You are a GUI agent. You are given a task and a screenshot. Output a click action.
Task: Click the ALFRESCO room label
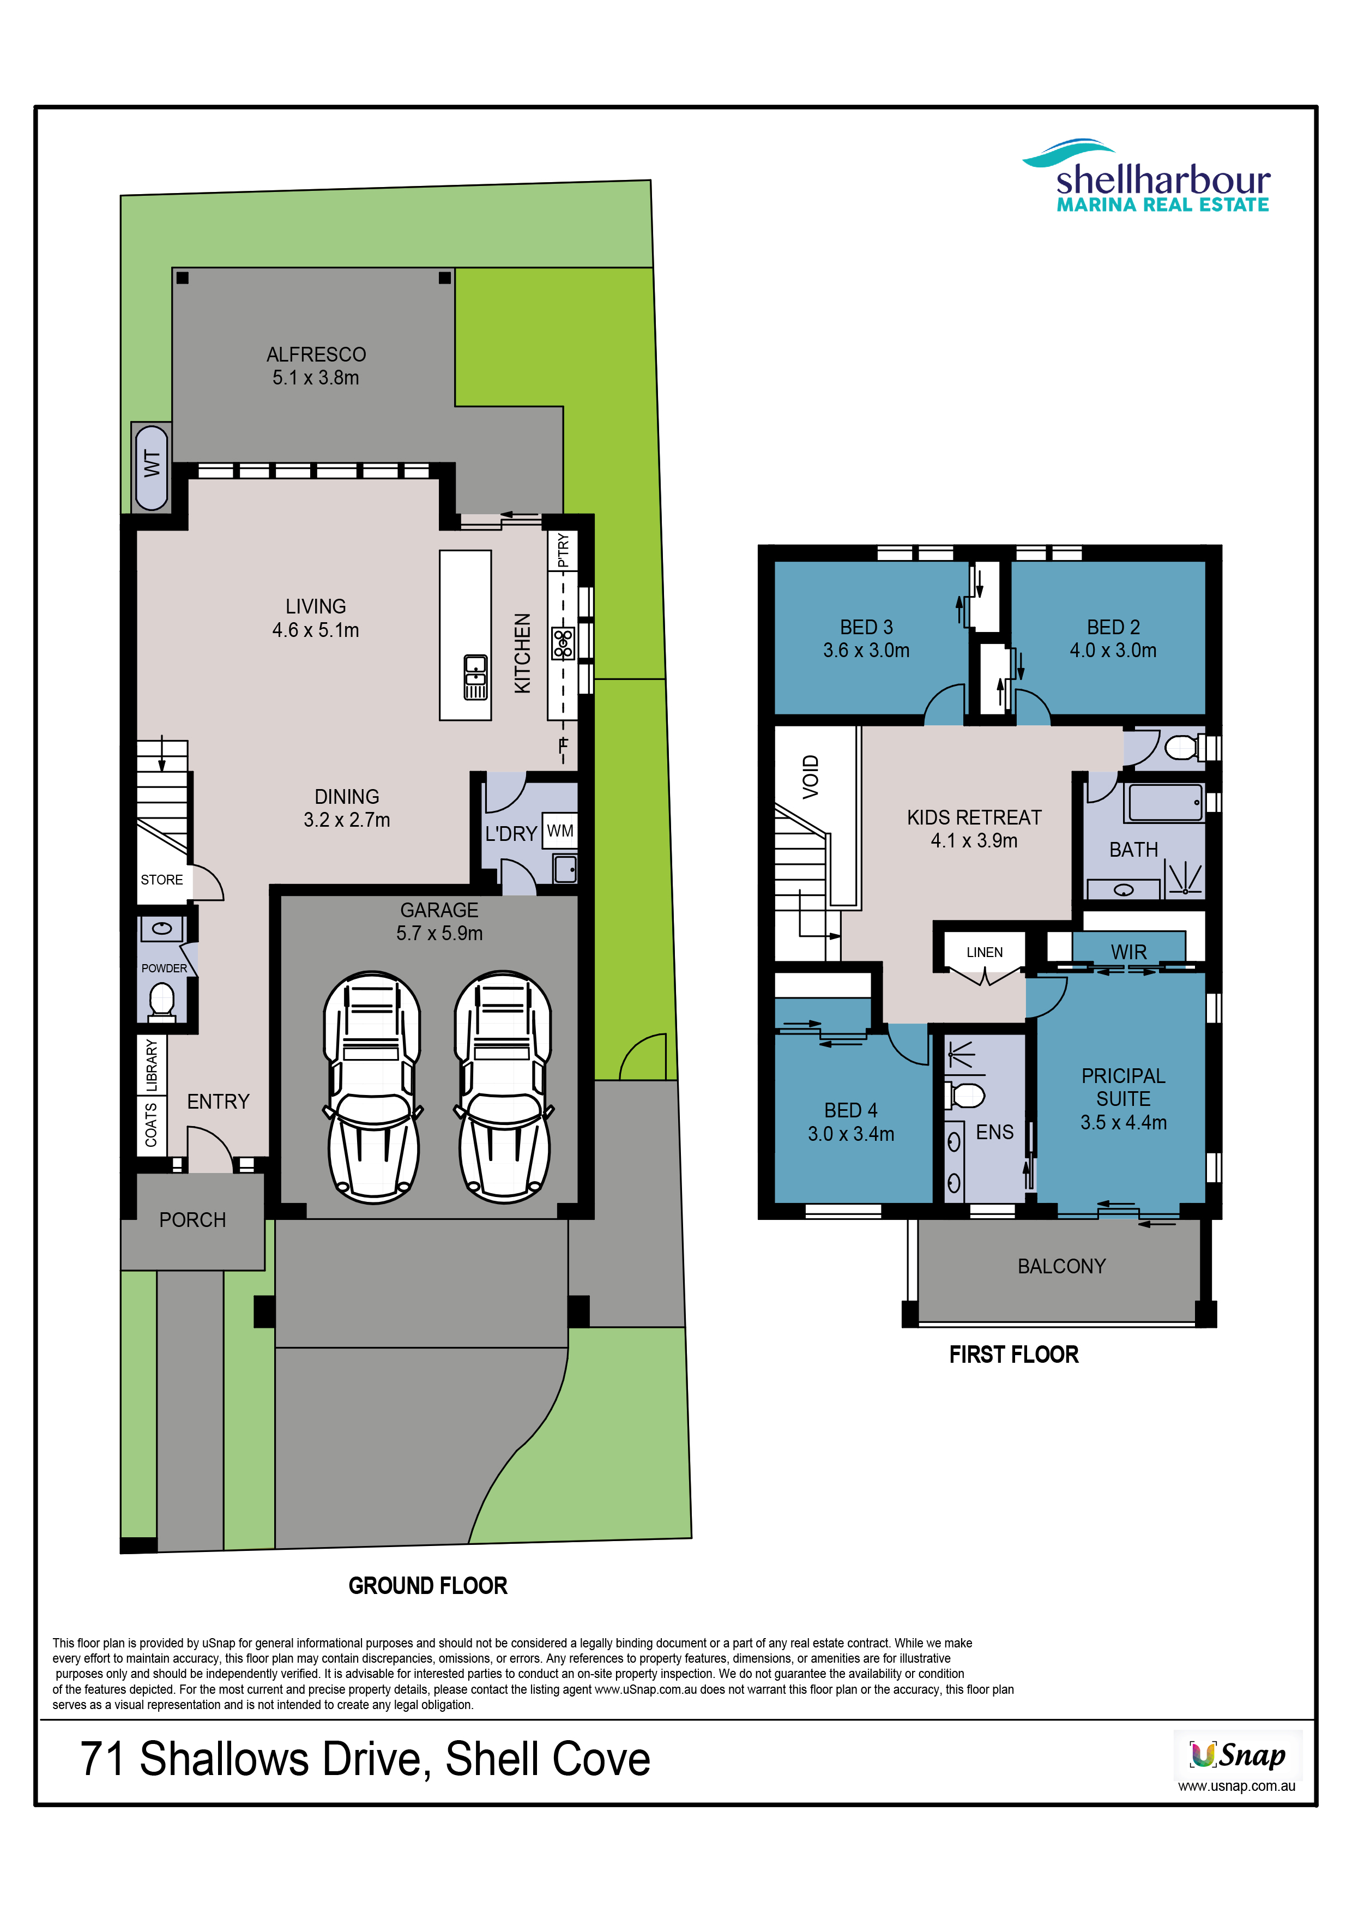tap(316, 354)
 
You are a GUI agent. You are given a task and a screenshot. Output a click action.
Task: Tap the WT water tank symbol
tap(152, 467)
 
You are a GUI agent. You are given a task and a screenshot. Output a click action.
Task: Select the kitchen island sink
tap(476, 677)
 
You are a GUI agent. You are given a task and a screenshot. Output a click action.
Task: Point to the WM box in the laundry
tap(560, 831)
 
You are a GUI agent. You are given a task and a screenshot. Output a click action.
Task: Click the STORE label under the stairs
tap(161, 880)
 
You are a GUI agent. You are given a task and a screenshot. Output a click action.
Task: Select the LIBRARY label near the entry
tap(152, 1065)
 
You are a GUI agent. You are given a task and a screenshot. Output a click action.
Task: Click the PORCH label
tap(192, 1220)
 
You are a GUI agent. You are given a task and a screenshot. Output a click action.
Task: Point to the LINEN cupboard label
tap(985, 952)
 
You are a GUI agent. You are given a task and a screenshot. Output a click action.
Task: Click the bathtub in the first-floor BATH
tap(1166, 802)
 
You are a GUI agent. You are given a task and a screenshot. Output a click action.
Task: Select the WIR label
tap(1128, 952)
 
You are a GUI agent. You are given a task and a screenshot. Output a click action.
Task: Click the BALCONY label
tap(1061, 1266)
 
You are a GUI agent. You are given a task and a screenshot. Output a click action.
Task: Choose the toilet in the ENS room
tap(967, 1096)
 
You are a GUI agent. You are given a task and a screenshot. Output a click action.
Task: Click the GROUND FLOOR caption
tap(428, 1586)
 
